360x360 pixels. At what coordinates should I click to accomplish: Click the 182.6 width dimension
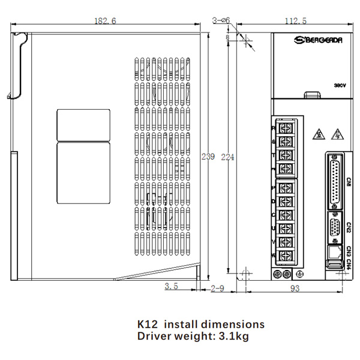105,21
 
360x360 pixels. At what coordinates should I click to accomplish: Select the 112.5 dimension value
295,21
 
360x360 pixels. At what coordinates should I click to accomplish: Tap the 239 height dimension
208,157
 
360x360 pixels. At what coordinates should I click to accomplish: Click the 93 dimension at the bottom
295,288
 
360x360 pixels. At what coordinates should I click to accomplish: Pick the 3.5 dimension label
172,286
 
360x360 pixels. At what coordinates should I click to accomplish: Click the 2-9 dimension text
217,288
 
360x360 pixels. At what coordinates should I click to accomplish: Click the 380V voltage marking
340,86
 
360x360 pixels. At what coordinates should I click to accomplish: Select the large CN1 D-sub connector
335,179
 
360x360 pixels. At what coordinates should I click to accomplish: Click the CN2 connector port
335,229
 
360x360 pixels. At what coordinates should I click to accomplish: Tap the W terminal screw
286,256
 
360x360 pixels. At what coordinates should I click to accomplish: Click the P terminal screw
286,187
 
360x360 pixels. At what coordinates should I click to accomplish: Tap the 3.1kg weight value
235,336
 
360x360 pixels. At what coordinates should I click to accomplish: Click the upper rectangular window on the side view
83,124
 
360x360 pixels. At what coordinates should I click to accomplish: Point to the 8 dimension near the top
227,38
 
